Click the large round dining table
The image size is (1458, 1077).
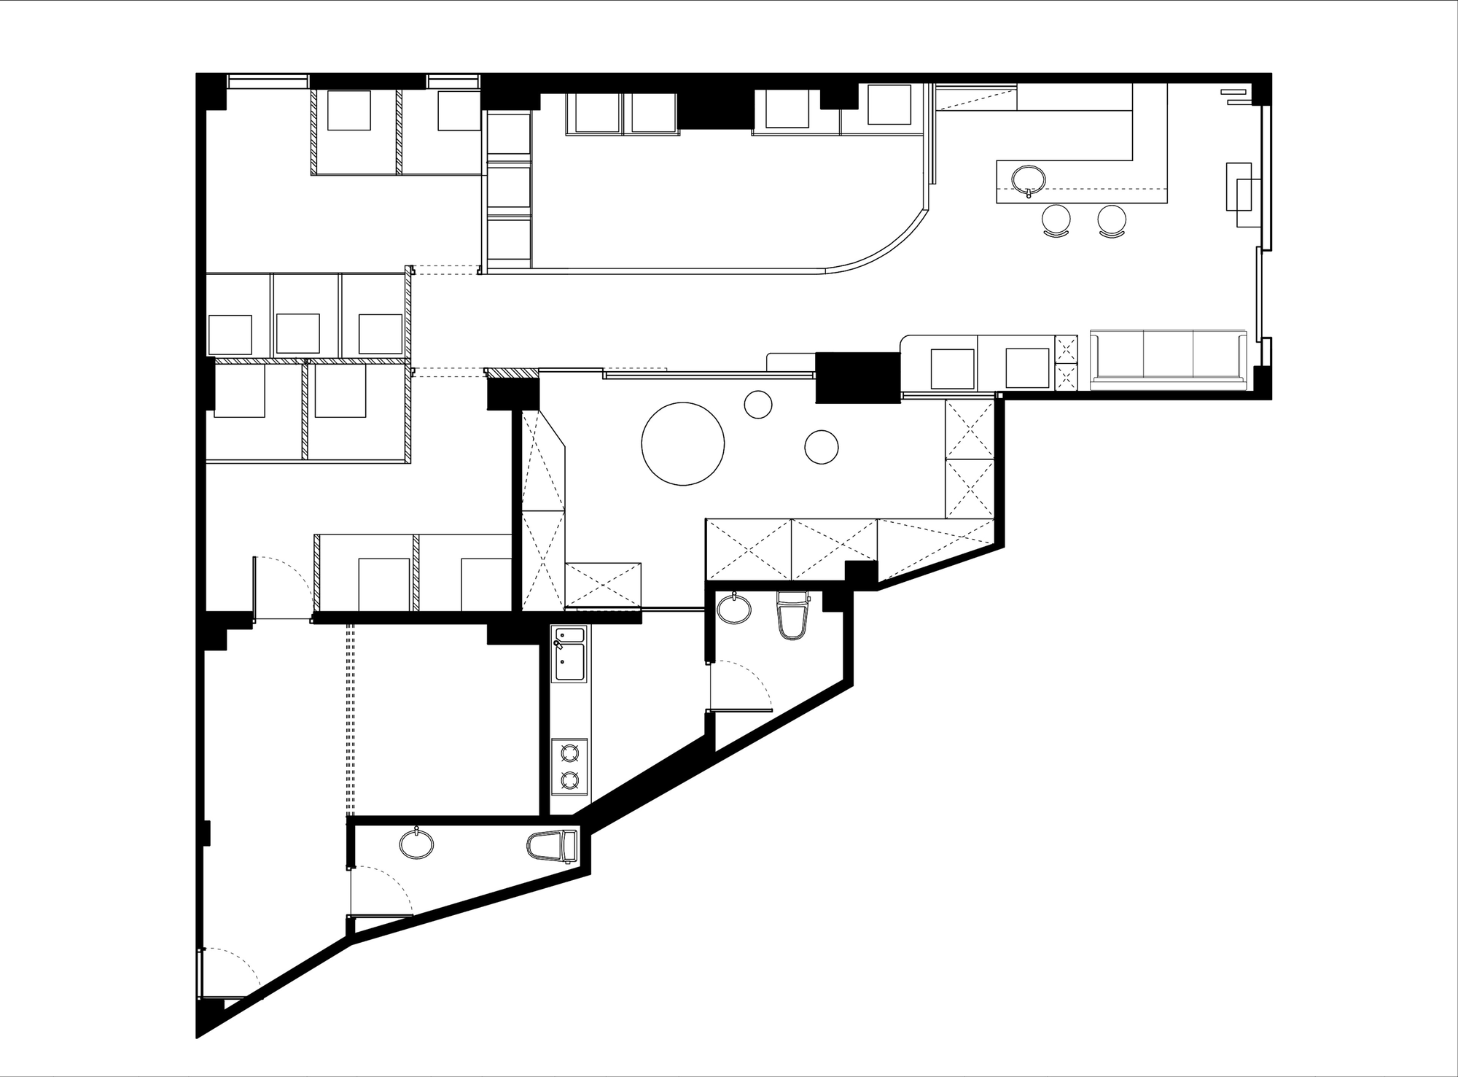683,444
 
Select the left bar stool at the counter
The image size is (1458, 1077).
1057,219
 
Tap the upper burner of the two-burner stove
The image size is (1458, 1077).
569,753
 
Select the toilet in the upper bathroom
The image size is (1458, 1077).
792,616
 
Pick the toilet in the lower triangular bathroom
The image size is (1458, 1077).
552,846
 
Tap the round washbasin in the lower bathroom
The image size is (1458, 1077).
417,844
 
